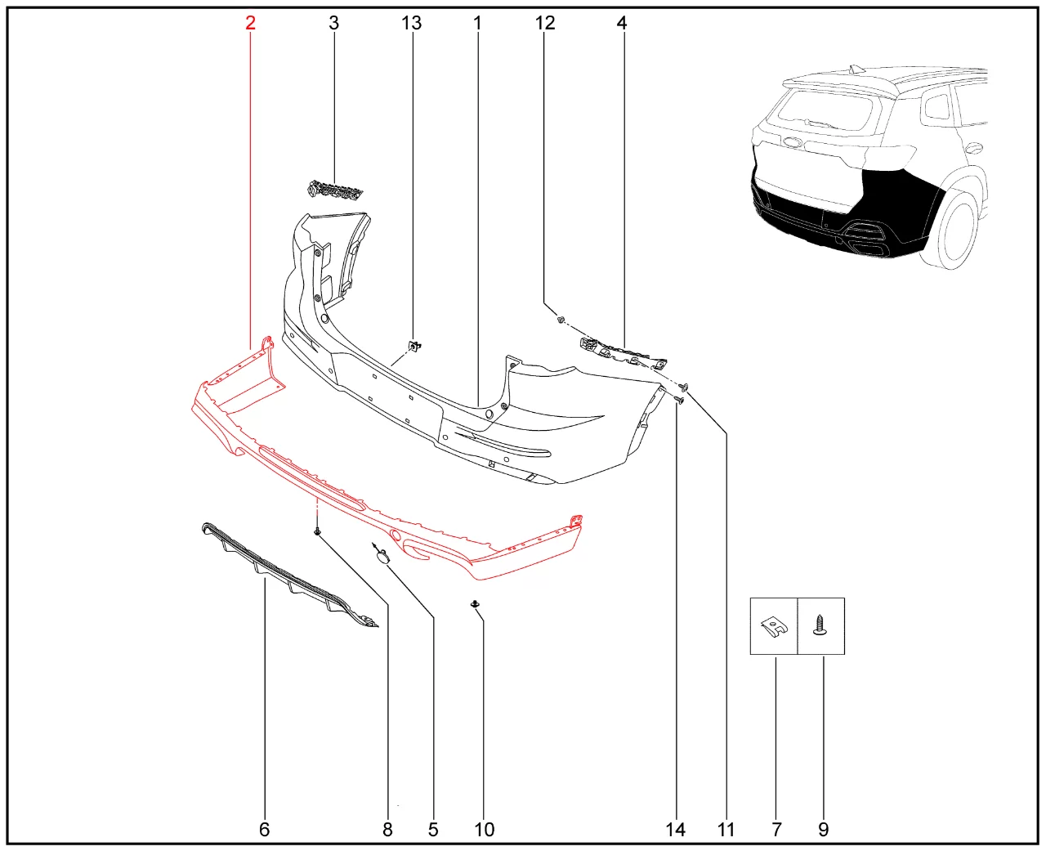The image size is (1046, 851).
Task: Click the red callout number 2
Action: [250, 23]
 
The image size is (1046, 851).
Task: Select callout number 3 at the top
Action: [334, 23]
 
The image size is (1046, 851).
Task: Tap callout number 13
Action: [412, 23]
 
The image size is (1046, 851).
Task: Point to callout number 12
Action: [544, 23]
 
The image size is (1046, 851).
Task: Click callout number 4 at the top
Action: [622, 23]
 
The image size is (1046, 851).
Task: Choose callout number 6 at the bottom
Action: [264, 830]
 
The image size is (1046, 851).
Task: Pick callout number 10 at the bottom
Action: [485, 830]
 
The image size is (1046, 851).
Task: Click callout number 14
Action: [676, 830]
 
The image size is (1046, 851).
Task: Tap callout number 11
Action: [726, 830]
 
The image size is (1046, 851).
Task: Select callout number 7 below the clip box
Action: [776, 830]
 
